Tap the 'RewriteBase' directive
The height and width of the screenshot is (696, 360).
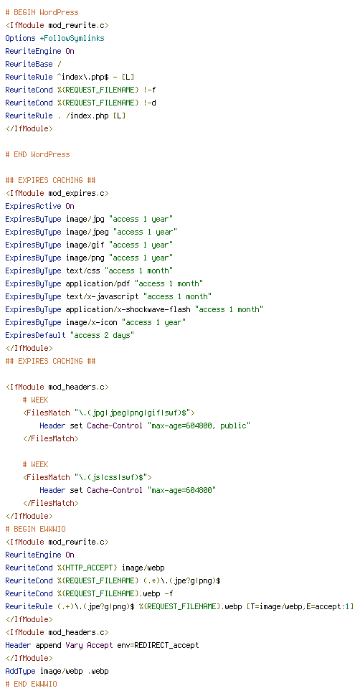(29, 64)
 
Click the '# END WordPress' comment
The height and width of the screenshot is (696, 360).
(38, 154)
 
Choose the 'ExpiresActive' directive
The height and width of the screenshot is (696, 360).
(33, 206)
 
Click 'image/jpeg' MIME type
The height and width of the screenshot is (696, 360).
(87, 232)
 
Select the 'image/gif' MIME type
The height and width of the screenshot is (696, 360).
(85, 245)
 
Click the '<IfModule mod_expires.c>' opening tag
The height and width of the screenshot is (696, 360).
(57, 193)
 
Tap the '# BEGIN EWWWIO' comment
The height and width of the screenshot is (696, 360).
(36, 529)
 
